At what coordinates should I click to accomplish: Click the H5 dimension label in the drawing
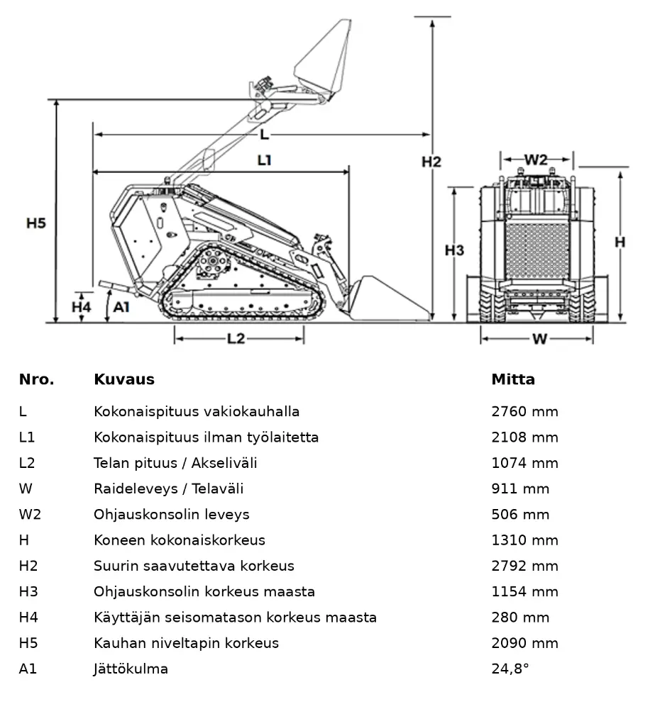click(x=36, y=223)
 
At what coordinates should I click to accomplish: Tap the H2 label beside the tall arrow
click(x=431, y=162)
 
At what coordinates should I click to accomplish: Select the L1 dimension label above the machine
click(x=264, y=160)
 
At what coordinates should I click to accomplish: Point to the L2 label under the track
click(x=236, y=339)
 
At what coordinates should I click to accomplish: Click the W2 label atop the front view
click(x=536, y=160)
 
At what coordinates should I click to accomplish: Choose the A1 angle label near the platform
click(x=121, y=306)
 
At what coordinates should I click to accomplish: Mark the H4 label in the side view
click(x=82, y=306)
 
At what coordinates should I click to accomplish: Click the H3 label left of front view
click(x=454, y=250)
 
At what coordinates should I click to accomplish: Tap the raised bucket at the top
click(x=323, y=64)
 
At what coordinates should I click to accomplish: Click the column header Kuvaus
click(x=123, y=379)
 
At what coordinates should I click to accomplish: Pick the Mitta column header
click(x=513, y=379)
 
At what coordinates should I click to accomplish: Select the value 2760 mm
click(x=524, y=412)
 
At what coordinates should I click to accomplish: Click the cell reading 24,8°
click(x=510, y=669)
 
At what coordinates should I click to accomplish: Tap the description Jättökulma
click(x=131, y=669)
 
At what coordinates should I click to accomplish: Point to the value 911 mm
click(x=520, y=488)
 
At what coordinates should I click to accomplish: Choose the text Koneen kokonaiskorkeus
click(x=179, y=540)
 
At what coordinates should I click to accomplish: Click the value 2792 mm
click(x=524, y=566)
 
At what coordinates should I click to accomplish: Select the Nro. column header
click(x=36, y=379)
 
